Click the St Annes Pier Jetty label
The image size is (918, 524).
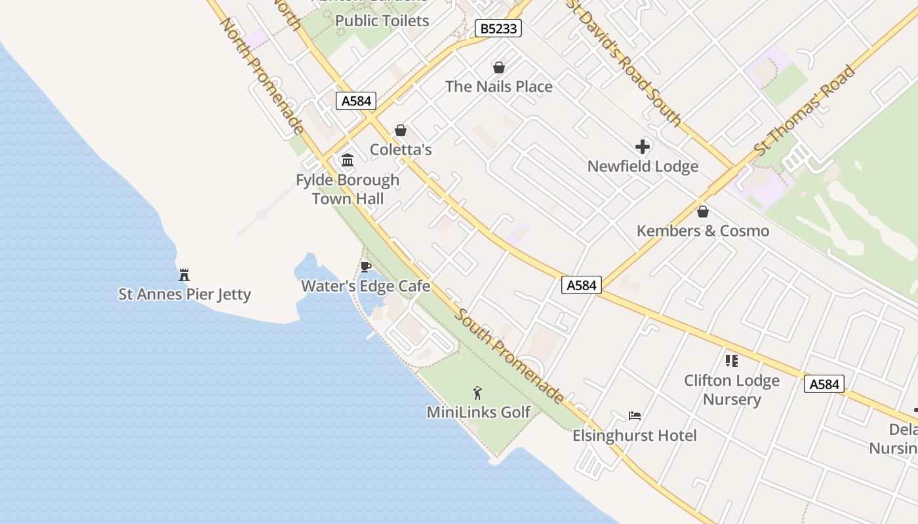tap(184, 294)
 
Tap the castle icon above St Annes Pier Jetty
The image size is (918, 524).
tap(184, 275)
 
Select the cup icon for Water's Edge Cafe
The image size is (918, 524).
tap(366, 267)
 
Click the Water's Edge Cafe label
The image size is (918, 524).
tap(366, 286)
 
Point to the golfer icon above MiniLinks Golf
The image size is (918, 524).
tap(478, 393)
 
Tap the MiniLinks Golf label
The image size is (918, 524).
tap(478, 412)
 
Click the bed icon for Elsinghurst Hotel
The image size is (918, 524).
tap(634, 416)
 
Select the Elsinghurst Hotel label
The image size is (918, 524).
tap(634, 436)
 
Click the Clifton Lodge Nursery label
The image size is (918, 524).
tap(732, 390)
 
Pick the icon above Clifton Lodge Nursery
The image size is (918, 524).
tap(732, 361)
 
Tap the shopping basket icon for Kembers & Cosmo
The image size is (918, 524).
tap(703, 212)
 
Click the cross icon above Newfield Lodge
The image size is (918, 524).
tap(643, 147)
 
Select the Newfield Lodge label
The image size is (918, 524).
tap(643, 166)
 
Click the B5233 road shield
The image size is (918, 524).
tap(498, 28)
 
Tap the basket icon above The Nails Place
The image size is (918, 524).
tap(499, 67)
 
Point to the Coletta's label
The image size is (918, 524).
tap(401, 150)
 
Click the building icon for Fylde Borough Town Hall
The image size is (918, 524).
tap(348, 160)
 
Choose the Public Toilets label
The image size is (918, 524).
tap(382, 21)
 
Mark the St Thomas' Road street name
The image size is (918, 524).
tap(805, 110)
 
